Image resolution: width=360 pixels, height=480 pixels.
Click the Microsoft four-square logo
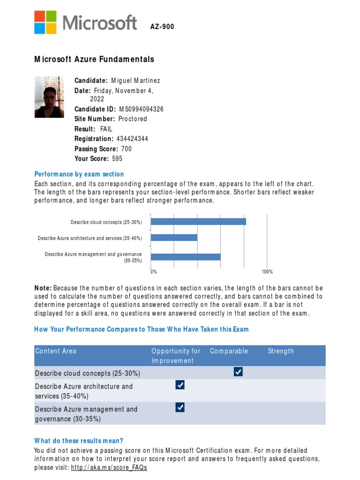45,22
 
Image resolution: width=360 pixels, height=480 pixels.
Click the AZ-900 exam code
162,27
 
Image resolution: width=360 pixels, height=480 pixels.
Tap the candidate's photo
49,97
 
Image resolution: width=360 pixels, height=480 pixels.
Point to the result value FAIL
106,129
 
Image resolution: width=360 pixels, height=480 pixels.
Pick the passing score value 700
126,149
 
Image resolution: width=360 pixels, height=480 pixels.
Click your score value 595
117,159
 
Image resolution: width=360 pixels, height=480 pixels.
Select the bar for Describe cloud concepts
198,222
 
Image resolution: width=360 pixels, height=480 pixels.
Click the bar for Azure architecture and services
174,238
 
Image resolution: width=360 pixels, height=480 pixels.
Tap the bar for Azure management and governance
186,257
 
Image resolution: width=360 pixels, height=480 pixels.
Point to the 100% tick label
267,272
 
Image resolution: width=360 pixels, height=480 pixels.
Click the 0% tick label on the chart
153,272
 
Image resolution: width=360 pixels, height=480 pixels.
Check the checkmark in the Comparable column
238,372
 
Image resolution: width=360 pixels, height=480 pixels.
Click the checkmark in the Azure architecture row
180,385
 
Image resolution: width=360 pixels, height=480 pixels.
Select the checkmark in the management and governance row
180,408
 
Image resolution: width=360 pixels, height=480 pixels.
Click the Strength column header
281,351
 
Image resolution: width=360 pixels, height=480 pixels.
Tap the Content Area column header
56,351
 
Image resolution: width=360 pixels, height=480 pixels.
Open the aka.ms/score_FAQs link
109,468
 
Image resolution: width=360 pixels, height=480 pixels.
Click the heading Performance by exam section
79,174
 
